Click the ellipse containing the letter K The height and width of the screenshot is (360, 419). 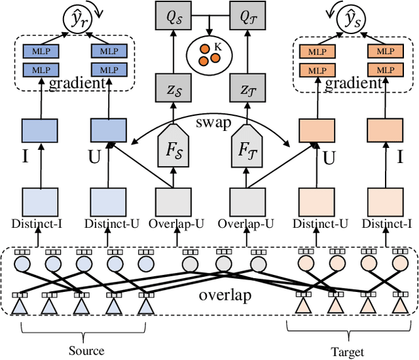[x=209, y=54]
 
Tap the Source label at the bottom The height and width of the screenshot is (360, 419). [x=86, y=350]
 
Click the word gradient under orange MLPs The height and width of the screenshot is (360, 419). [x=354, y=83]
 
